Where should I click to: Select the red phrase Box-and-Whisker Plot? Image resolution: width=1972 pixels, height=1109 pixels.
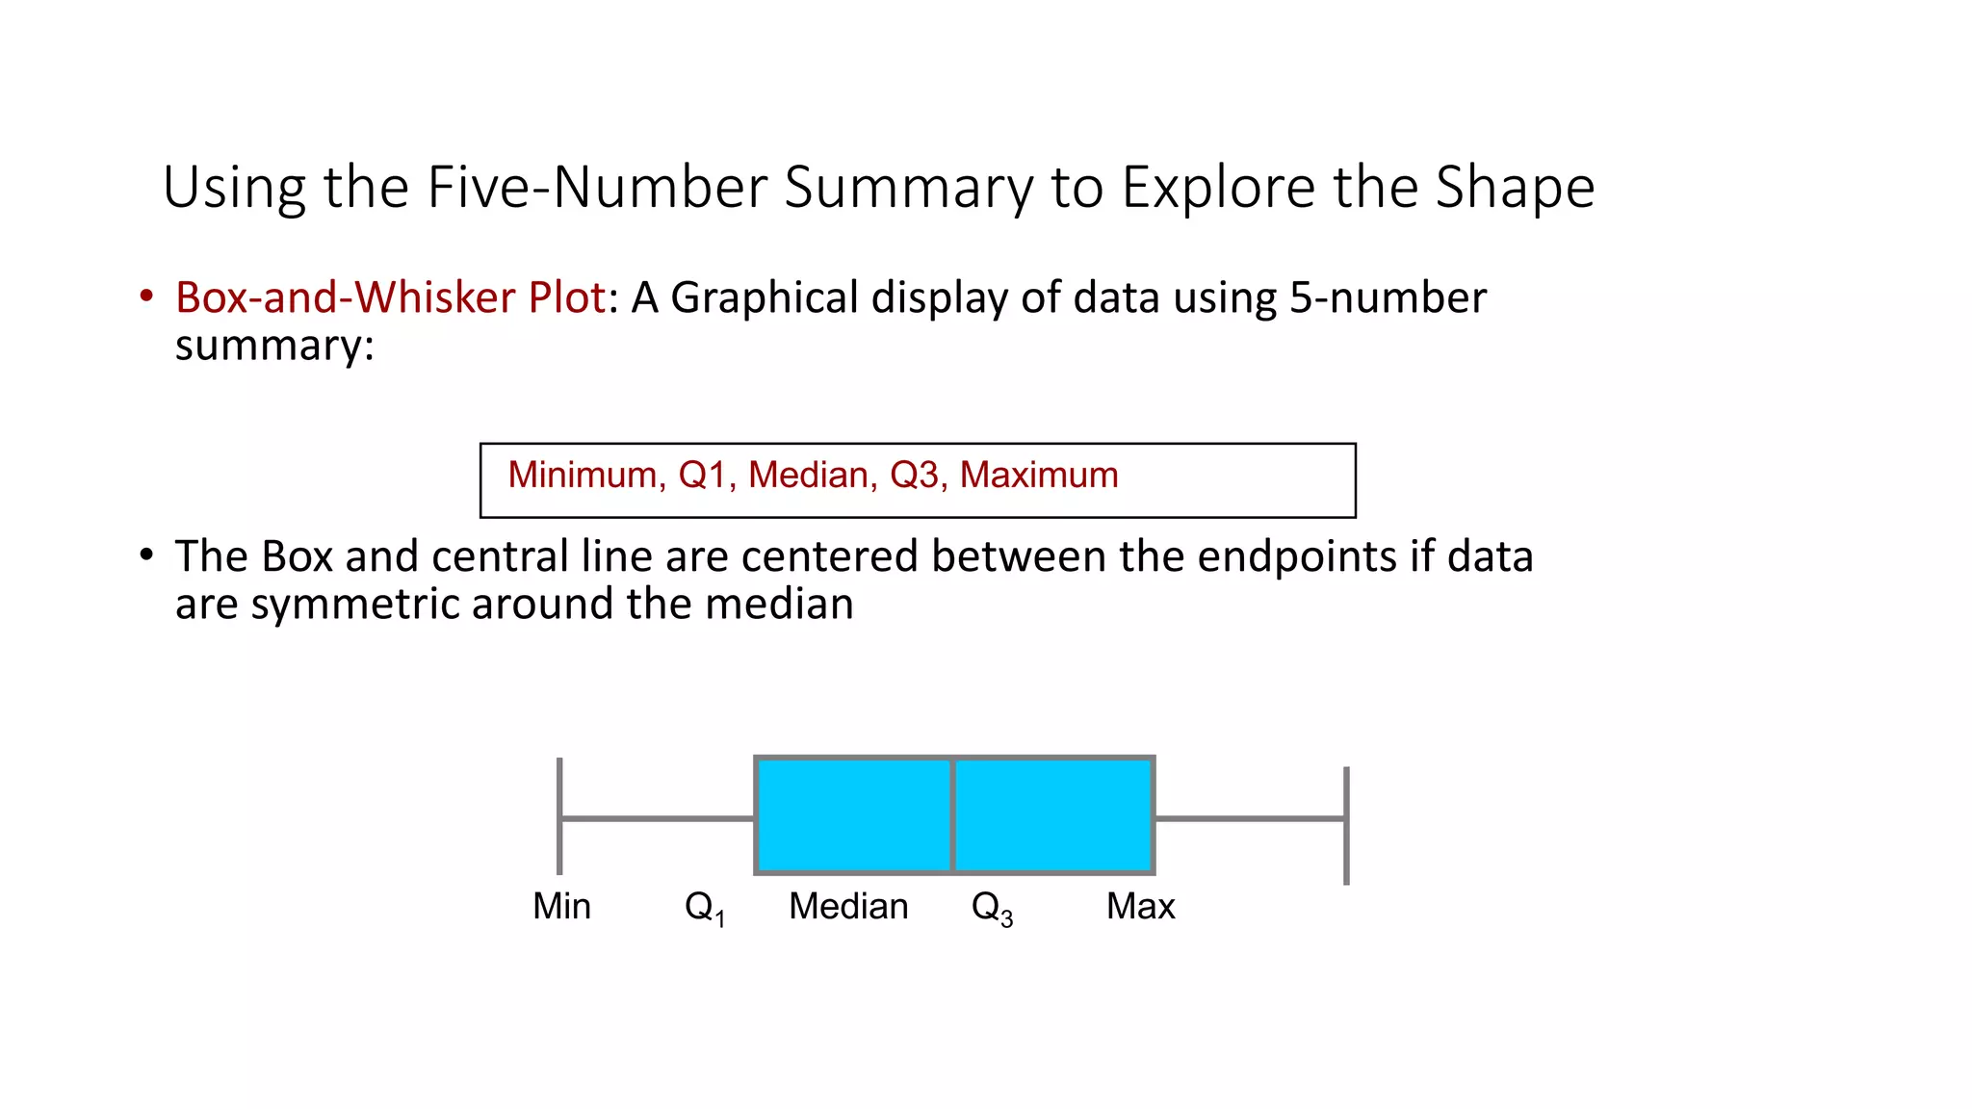tap(391, 297)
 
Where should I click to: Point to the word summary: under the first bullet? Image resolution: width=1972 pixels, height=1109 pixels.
tap(274, 345)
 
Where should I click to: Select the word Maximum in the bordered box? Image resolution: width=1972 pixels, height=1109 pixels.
tap(1039, 475)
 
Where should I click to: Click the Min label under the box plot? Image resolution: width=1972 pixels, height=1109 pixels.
tap(561, 906)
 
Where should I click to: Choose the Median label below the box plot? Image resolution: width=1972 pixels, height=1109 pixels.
tap(848, 906)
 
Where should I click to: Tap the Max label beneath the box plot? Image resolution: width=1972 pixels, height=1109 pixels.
tap(1140, 906)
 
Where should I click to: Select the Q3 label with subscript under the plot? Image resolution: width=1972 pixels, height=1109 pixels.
tap(992, 908)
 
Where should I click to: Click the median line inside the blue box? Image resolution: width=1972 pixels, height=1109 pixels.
tap(952, 815)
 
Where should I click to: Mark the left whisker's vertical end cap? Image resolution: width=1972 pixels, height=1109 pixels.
tap(559, 816)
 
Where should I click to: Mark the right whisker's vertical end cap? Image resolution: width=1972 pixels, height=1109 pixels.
tap(1346, 825)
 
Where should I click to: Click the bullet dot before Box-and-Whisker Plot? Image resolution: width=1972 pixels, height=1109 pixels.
tap(146, 297)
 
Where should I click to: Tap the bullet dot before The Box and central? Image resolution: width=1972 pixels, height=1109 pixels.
tap(146, 555)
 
